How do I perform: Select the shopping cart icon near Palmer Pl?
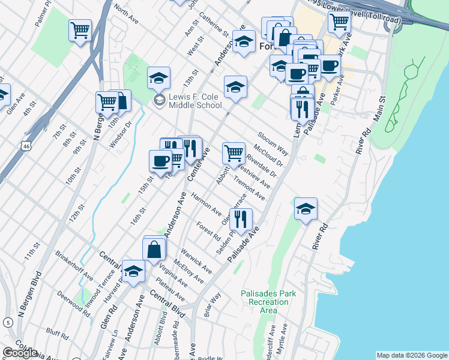[x=80, y=29]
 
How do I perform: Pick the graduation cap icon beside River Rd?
[x=306, y=209]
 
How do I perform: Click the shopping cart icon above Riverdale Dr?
[x=234, y=152]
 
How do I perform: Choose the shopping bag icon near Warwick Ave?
[x=154, y=249]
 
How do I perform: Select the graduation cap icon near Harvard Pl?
[x=133, y=271]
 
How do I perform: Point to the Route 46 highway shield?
[x=25, y=146]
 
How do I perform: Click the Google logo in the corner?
[x=19, y=352]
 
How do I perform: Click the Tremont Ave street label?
[x=249, y=188]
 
